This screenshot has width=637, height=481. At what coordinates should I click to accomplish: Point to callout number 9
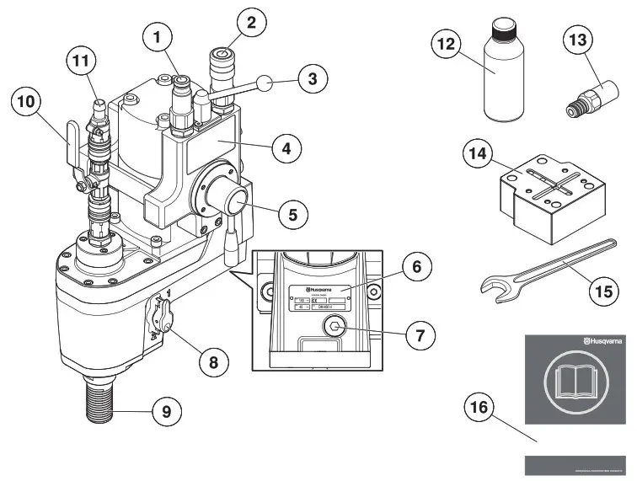tap(166, 412)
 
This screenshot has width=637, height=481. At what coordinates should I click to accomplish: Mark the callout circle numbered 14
tap(479, 155)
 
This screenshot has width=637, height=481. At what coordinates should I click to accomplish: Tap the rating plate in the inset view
tap(320, 297)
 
